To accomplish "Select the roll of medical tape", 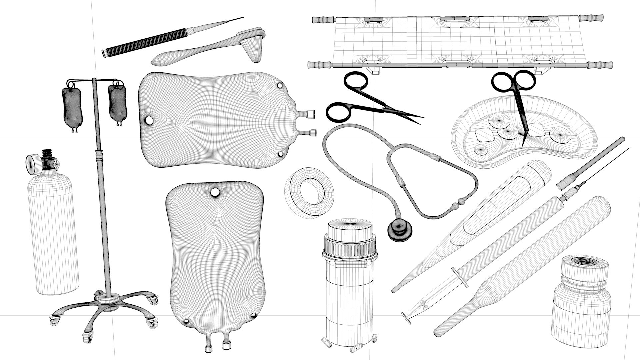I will pos(309,193).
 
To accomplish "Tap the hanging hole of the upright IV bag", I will pos(215,192).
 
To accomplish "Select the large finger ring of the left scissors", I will pos(338,112).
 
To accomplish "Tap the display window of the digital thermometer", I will pos(480,213).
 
